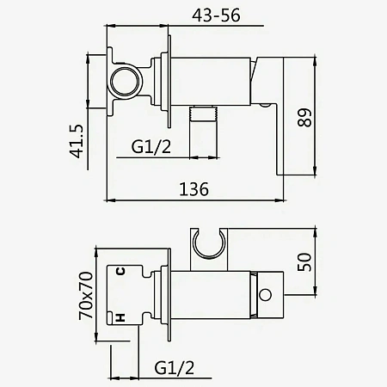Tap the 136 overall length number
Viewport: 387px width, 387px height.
coord(194,189)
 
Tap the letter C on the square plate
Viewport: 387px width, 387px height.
coord(120,271)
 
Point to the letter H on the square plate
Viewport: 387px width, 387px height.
coord(120,317)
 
